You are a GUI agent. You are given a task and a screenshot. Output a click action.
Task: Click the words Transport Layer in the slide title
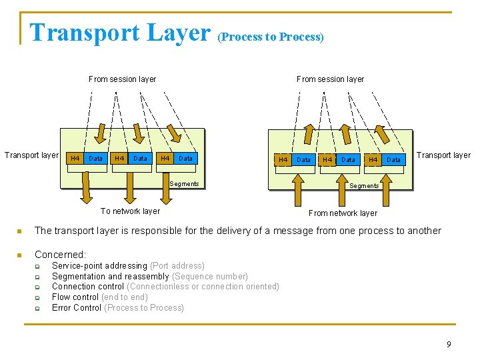pyautogui.click(x=120, y=32)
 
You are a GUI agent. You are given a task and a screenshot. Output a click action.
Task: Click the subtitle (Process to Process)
pyautogui.click(x=271, y=37)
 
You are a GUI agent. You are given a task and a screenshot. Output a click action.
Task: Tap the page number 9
pyautogui.click(x=449, y=344)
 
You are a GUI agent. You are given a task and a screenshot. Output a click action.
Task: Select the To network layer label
pyautogui.click(x=130, y=211)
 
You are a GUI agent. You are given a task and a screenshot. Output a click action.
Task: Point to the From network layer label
pyautogui.click(x=343, y=213)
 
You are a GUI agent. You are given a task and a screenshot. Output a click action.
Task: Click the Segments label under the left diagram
pyautogui.click(x=185, y=184)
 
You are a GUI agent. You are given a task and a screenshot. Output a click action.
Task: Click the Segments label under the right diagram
pyautogui.click(x=364, y=186)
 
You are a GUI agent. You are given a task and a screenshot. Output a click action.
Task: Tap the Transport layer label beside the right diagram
pyautogui.click(x=443, y=155)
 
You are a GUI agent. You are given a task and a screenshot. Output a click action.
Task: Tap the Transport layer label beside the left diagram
pyautogui.click(x=31, y=155)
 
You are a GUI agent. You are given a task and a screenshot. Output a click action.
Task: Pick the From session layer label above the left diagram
pyautogui.click(x=122, y=79)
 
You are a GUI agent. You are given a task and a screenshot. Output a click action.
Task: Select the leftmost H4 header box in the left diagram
pyautogui.click(x=75, y=159)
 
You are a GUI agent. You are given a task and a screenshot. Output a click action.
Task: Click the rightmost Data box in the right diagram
pyautogui.click(x=394, y=160)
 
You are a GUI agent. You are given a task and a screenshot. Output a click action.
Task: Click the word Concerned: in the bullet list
pyautogui.click(x=60, y=255)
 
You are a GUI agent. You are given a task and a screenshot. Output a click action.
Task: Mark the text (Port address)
pyautogui.click(x=177, y=266)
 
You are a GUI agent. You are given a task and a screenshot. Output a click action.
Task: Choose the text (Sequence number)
pyautogui.click(x=210, y=277)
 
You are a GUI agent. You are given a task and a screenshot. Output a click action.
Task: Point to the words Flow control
pyautogui.click(x=75, y=297)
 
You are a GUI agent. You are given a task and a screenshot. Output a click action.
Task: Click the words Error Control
pyautogui.click(x=77, y=308)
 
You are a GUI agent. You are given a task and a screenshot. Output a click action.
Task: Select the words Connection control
pyautogui.click(x=88, y=287)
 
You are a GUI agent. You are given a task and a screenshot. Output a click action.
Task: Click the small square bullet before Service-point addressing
pyautogui.click(x=38, y=267)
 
